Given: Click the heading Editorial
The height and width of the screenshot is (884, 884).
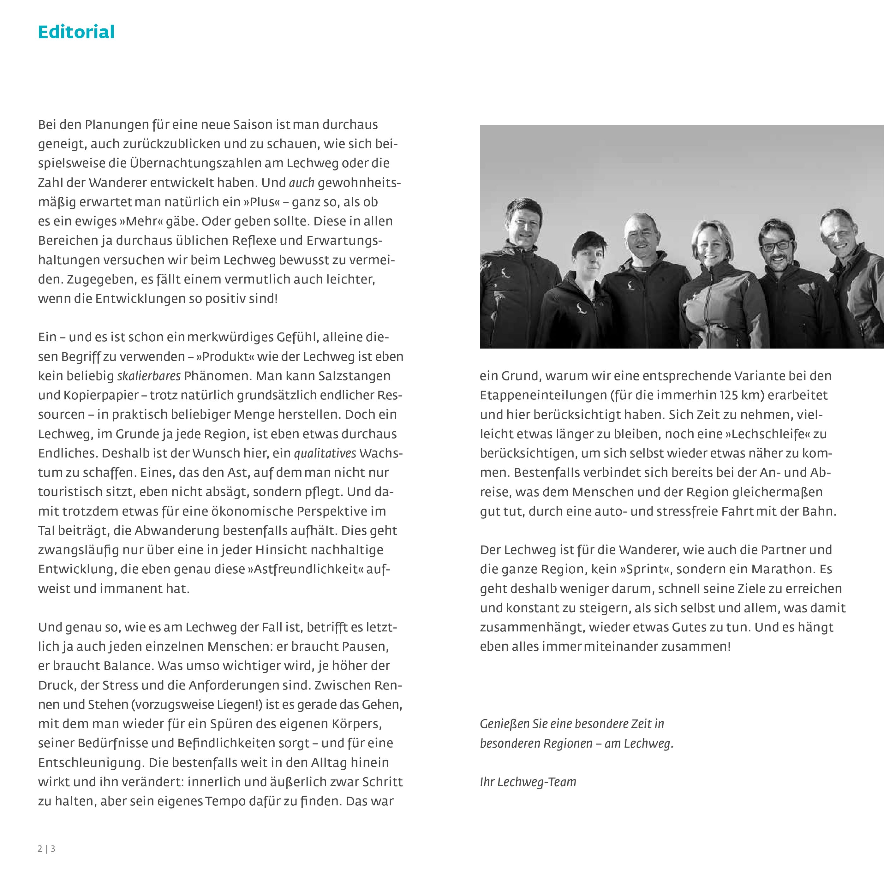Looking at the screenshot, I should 76,32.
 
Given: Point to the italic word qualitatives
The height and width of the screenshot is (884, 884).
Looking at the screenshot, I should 325,453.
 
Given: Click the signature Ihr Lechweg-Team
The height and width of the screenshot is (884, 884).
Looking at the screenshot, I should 528,782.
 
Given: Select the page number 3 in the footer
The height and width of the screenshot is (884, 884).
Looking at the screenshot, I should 53,849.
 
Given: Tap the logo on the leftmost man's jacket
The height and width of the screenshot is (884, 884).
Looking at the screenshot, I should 506,274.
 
